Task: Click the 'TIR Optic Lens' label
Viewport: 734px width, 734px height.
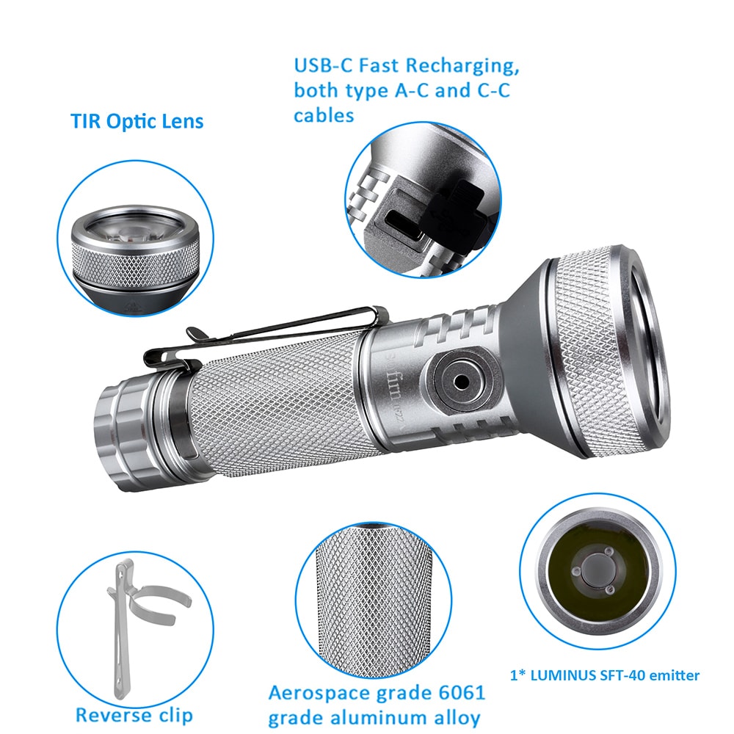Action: pyautogui.click(x=137, y=120)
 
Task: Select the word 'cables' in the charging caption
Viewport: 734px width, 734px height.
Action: pyautogui.click(x=324, y=115)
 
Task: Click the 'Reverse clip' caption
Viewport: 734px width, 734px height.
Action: pyautogui.click(x=134, y=714)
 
